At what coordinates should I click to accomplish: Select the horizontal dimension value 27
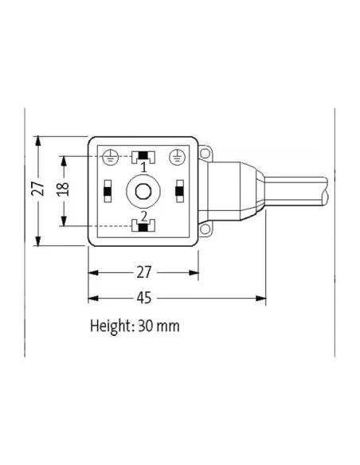tap(144, 272)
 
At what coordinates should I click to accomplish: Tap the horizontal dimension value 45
tap(144, 299)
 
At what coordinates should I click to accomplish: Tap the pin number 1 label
tap(143, 168)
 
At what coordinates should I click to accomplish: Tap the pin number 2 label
tap(143, 215)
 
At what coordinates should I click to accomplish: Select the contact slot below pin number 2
tap(143, 228)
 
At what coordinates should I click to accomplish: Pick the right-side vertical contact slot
tap(179, 191)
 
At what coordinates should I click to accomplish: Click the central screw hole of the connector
tap(143, 191)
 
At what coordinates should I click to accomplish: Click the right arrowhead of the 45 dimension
tap(261, 299)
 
